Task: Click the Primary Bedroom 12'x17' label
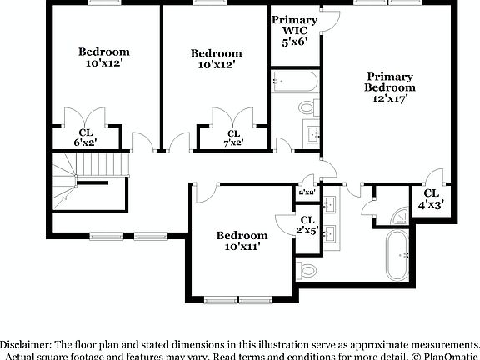click(389, 87)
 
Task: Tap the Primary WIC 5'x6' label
click(294, 30)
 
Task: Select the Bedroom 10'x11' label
click(242, 241)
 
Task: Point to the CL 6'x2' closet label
click(86, 137)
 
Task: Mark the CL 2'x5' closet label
click(307, 224)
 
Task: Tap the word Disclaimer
click(26, 344)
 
